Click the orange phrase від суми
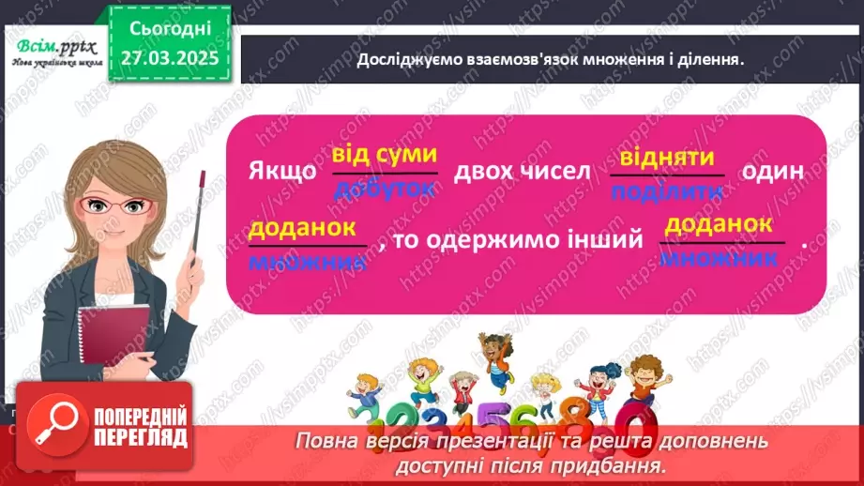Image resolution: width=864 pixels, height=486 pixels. (385, 156)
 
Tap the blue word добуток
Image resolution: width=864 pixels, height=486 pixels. (385, 188)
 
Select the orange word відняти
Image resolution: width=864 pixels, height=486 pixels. (668, 157)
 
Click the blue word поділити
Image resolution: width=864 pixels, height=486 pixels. (668, 191)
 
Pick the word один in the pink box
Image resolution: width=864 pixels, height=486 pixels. (774, 173)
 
